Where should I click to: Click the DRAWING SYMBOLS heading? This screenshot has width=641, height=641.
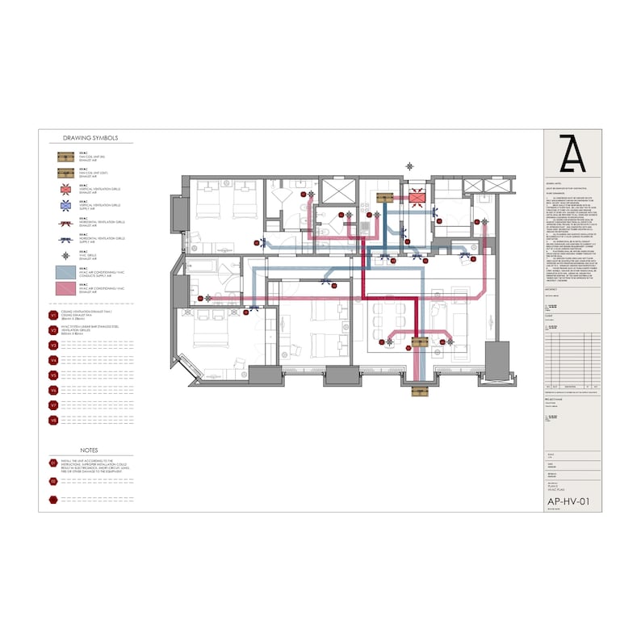[89, 138]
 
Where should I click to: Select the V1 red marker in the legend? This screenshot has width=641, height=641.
[53, 316]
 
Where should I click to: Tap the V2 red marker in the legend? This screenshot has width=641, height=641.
[53, 330]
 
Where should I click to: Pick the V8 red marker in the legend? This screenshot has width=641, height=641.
[53, 420]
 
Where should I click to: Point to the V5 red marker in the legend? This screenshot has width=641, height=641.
[53, 375]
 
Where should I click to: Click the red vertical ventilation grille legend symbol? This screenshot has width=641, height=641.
[65, 190]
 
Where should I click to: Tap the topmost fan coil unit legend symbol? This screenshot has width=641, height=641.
[65, 156]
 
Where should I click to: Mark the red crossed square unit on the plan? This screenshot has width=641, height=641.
[417, 197]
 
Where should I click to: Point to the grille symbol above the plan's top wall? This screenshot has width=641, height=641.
[411, 165]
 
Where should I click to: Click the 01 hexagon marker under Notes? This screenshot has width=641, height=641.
[53, 463]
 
